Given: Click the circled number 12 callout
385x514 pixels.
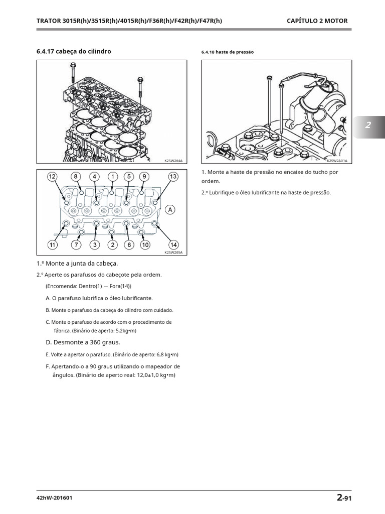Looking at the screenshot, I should [53, 177].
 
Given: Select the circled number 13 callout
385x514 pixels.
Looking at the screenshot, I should [173, 177].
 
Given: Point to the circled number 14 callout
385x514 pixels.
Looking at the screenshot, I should [173, 245].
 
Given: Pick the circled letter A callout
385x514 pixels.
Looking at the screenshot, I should [171, 209].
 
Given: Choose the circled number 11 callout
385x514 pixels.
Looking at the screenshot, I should [53, 245].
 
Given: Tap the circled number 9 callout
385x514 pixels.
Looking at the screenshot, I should [144, 177].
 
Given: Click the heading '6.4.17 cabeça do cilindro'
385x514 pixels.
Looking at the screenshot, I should [74, 51].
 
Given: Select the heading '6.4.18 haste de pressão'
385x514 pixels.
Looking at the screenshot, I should [228, 52].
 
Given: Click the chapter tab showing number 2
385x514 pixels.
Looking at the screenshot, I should [368, 125].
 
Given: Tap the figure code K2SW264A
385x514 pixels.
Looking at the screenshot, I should [173, 161].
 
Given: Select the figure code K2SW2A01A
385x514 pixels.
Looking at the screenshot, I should [337, 161].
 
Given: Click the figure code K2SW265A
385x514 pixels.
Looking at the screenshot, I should [173, 252].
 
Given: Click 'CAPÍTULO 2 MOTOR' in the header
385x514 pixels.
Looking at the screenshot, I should [317, 21].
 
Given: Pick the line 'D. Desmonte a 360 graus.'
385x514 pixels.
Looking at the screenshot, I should [83, 342].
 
